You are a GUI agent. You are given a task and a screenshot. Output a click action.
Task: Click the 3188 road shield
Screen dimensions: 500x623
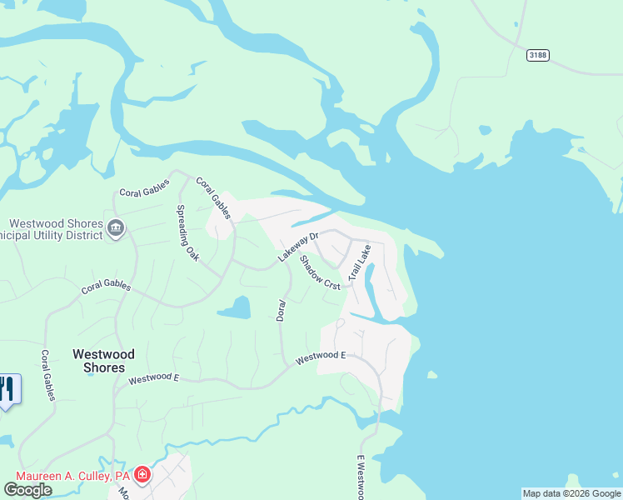[x=538, y=55]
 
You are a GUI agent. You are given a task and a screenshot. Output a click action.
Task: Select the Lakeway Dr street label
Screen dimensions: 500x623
[x=298, y=247]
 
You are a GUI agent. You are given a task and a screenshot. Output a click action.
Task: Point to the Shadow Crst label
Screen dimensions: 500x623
[x=320, y=272]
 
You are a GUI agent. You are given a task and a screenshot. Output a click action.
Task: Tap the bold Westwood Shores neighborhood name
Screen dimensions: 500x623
[x=98, y=360]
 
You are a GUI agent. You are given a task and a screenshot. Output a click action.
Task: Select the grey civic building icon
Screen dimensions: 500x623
[x=116, y=227]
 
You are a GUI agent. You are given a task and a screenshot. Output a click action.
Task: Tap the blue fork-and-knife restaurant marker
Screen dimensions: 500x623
[x=7, y=390]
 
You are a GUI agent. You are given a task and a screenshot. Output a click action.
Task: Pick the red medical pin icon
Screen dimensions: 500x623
[x=142, y=475]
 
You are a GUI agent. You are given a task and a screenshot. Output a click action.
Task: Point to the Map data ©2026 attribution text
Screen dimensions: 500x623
[x=571, y=493]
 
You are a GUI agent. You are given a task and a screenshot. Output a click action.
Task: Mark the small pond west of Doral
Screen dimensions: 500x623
[x=235, y=309]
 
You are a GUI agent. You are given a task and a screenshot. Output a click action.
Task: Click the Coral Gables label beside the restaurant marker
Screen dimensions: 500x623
[x=47, y=374]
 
